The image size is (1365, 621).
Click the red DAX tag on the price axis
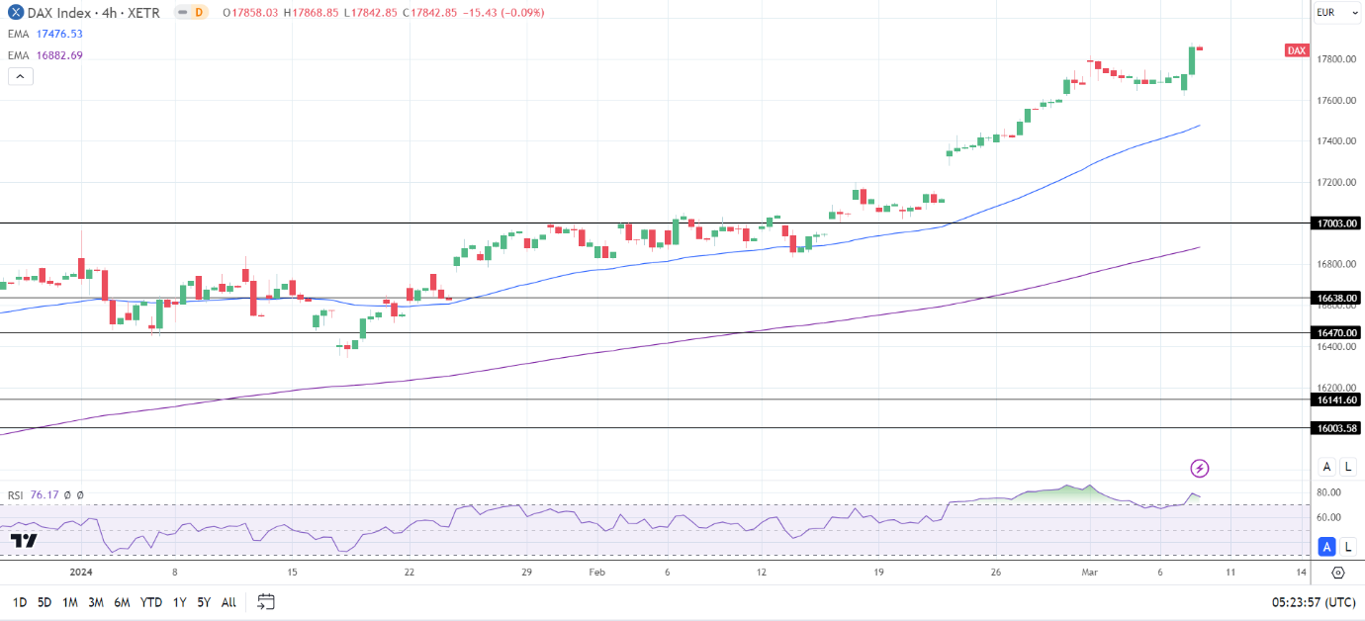(1297, 50)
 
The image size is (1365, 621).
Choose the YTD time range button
(151, 602)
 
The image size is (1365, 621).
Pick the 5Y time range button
(203, 602)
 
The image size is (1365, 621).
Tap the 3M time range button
(96, 602)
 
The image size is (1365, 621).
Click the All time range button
(228, 602)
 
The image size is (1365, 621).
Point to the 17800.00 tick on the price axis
(1335, 59)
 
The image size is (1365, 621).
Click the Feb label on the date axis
(595, 572)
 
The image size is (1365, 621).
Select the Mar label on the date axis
(1088, 572)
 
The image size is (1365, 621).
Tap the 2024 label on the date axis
(81, 572)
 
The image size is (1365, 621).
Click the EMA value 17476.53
(59, 34)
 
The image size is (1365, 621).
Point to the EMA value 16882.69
(59, 55)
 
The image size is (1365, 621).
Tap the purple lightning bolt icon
(1200, 468)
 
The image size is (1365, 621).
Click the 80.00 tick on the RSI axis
(1328, 492)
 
